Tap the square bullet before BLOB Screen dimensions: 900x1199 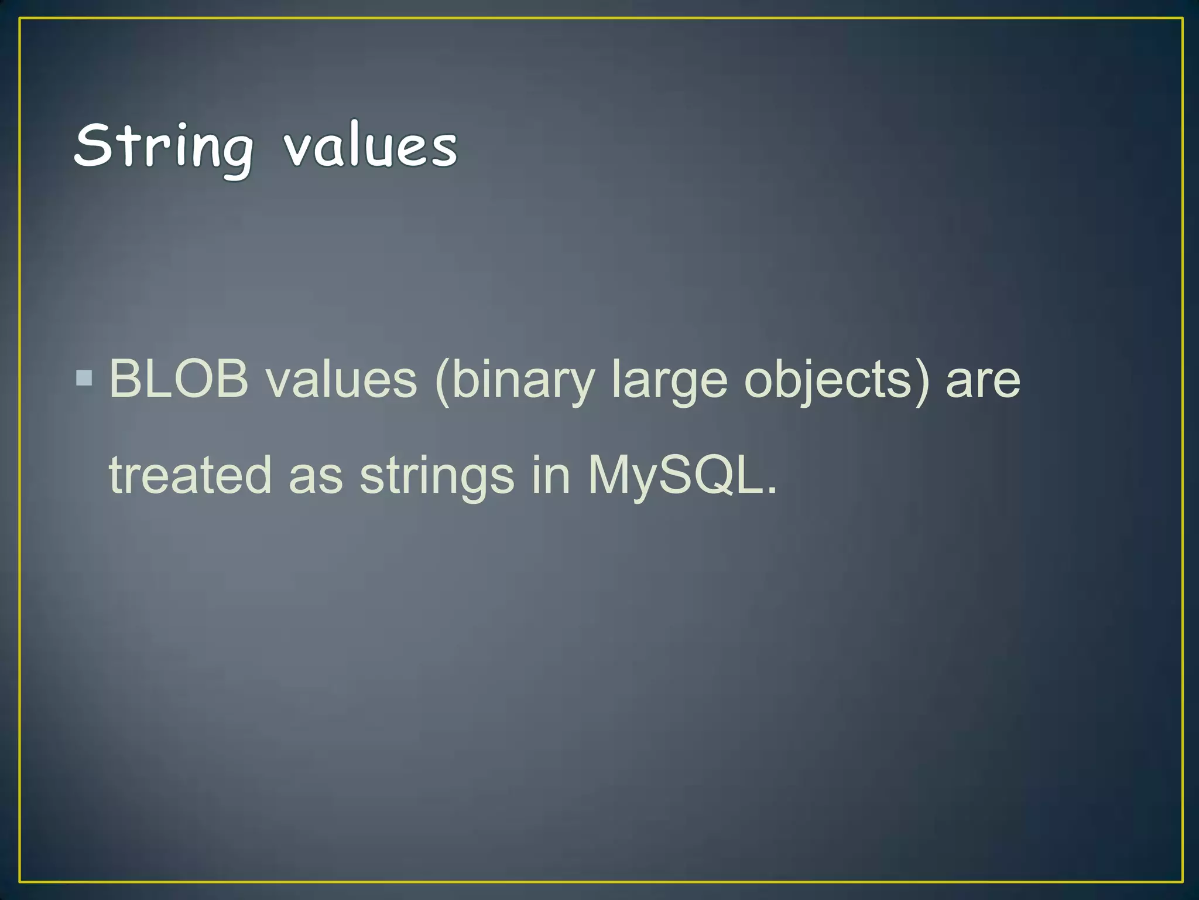84,378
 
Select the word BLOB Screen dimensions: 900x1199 179,379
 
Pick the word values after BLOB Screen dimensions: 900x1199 341,379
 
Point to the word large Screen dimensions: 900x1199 669,381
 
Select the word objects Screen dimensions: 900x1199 828,381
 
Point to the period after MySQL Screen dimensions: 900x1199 772,491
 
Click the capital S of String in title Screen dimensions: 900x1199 93,145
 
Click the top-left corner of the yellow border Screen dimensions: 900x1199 20,19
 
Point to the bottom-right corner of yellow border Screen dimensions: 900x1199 1182,881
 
